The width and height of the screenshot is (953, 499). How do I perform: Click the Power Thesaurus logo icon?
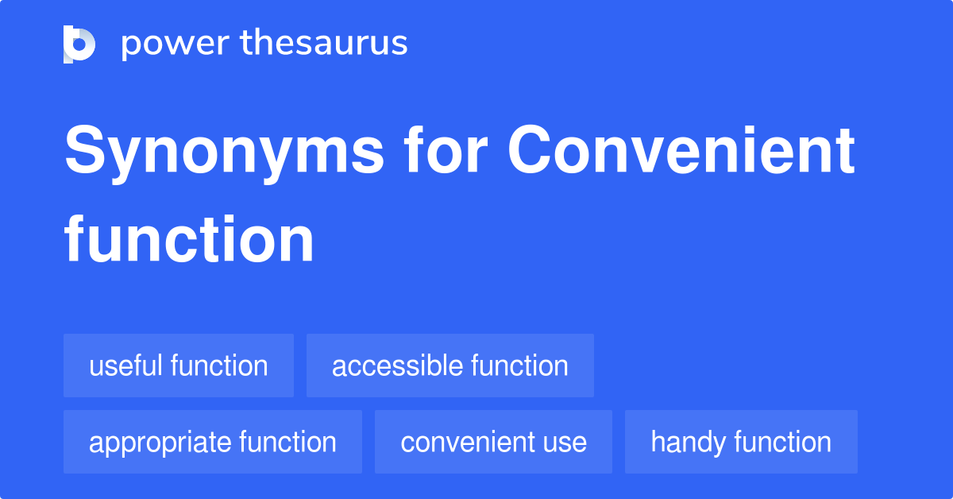tap(79, 44)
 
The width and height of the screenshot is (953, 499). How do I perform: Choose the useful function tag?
tap(179, 366)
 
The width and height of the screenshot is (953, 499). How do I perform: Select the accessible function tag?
tap(449, 366)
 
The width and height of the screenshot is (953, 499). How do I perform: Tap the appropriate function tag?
tap(212, 443)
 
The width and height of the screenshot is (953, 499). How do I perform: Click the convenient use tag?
tap(493, 443)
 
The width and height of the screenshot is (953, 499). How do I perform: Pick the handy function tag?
tap(740, 443)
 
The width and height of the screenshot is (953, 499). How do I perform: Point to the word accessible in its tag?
tap(397, 366)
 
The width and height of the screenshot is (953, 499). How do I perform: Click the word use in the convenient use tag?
tap(565, 443)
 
